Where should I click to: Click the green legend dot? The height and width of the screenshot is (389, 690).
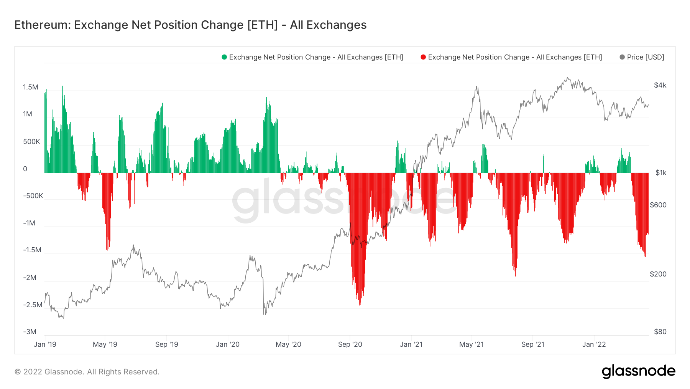pyautogui.click(x=224, y=57)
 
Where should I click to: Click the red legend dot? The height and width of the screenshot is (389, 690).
pyautogui.click(x=423, y=57)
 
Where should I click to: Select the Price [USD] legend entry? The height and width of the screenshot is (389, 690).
pyautogui.click(x=645, y=57)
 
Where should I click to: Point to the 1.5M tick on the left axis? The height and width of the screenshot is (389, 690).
pyautogui.click(x=31, y=87)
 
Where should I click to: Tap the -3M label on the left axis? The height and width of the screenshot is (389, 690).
pyautogui.click(x=30, y=332)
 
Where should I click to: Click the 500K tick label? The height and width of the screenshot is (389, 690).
pyautogui.click(x=31, y=142)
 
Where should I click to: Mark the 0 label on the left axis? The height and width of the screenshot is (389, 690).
pyautogui.click(x=25, y=169)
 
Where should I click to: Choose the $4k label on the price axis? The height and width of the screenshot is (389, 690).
pyautogui.click(x=660, y=85)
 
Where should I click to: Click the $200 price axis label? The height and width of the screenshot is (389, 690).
pyautogui.click(x=658, y=274)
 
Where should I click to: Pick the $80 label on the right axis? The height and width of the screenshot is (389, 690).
pyautogui.click(x=660, y=332)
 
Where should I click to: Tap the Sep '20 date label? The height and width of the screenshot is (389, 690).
pyautogui.click(x=350, y=344)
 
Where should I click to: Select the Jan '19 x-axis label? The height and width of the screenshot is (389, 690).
pyautogui.click(x=45, y=344)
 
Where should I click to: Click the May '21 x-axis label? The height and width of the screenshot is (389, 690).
pyautogui.click(x=472, y=344)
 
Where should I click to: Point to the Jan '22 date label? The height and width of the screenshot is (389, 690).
pyautogui.click(x=594, y=344)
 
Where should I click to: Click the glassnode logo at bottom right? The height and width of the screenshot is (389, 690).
pyautogui.click(x=638, y=371)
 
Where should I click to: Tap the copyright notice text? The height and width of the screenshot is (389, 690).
pyautogui.click(x=87, y=372)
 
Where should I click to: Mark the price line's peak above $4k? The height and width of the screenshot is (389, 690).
pyautogui.click(x=568, y=78)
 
